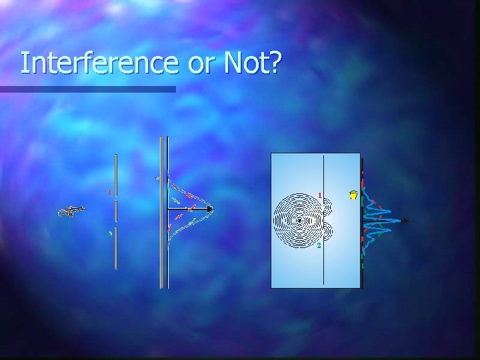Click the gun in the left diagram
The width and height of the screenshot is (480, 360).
pyautogui.click(x=71, y=211)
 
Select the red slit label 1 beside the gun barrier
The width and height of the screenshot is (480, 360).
pyautogui.click(x=109, y=192)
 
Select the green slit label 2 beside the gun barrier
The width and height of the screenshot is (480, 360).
pyautogui.click(x=109, y=233)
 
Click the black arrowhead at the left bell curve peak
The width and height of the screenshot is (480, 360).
pyautogui.click(x=211, y=209)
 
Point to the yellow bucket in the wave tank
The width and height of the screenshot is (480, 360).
pyautogui.click(x=353, y=195)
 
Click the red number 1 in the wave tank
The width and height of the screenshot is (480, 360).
pyautogui.click(x=320, y=195)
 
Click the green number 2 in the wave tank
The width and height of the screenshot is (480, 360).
pyautogui.click(x=319, y=245)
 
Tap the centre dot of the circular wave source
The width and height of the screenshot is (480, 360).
pyautogui.click(x=300, y=220)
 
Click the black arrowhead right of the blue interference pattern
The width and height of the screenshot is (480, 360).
pyautogui.click(x=405, y=221)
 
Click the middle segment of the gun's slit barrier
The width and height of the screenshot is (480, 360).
pyautogui.click(x=116, y=212)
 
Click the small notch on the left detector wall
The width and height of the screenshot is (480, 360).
pyautogui.click(x=157, y=179)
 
